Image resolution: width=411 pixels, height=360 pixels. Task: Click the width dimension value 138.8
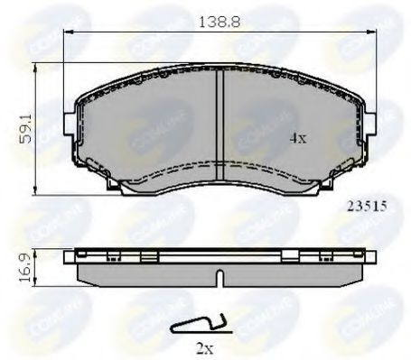[219, 17]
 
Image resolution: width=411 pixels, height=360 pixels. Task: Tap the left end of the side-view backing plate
[70, 259]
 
